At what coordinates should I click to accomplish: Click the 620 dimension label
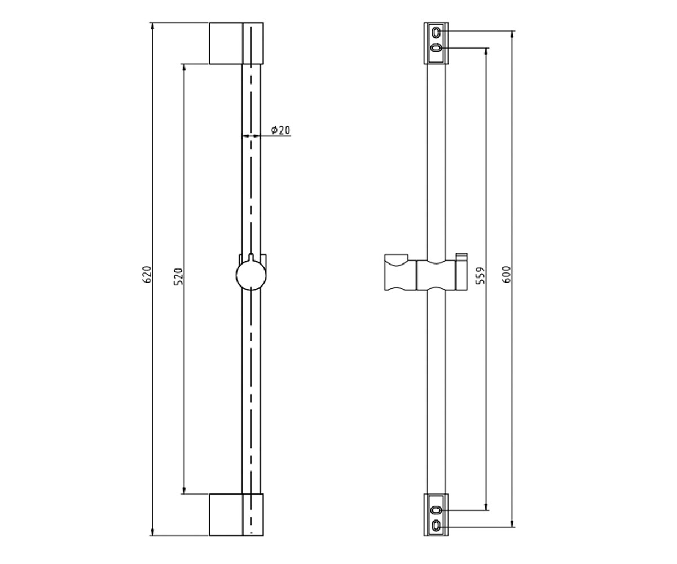(x=147, y=275)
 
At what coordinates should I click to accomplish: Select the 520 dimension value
(x=178, y=277)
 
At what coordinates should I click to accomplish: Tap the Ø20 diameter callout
(x=281, y=130)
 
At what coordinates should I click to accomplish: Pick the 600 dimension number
(x=507, y=274)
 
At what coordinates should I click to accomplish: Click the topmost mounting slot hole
(x=436, y=32)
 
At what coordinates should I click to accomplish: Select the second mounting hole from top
(x=436, y=49)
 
